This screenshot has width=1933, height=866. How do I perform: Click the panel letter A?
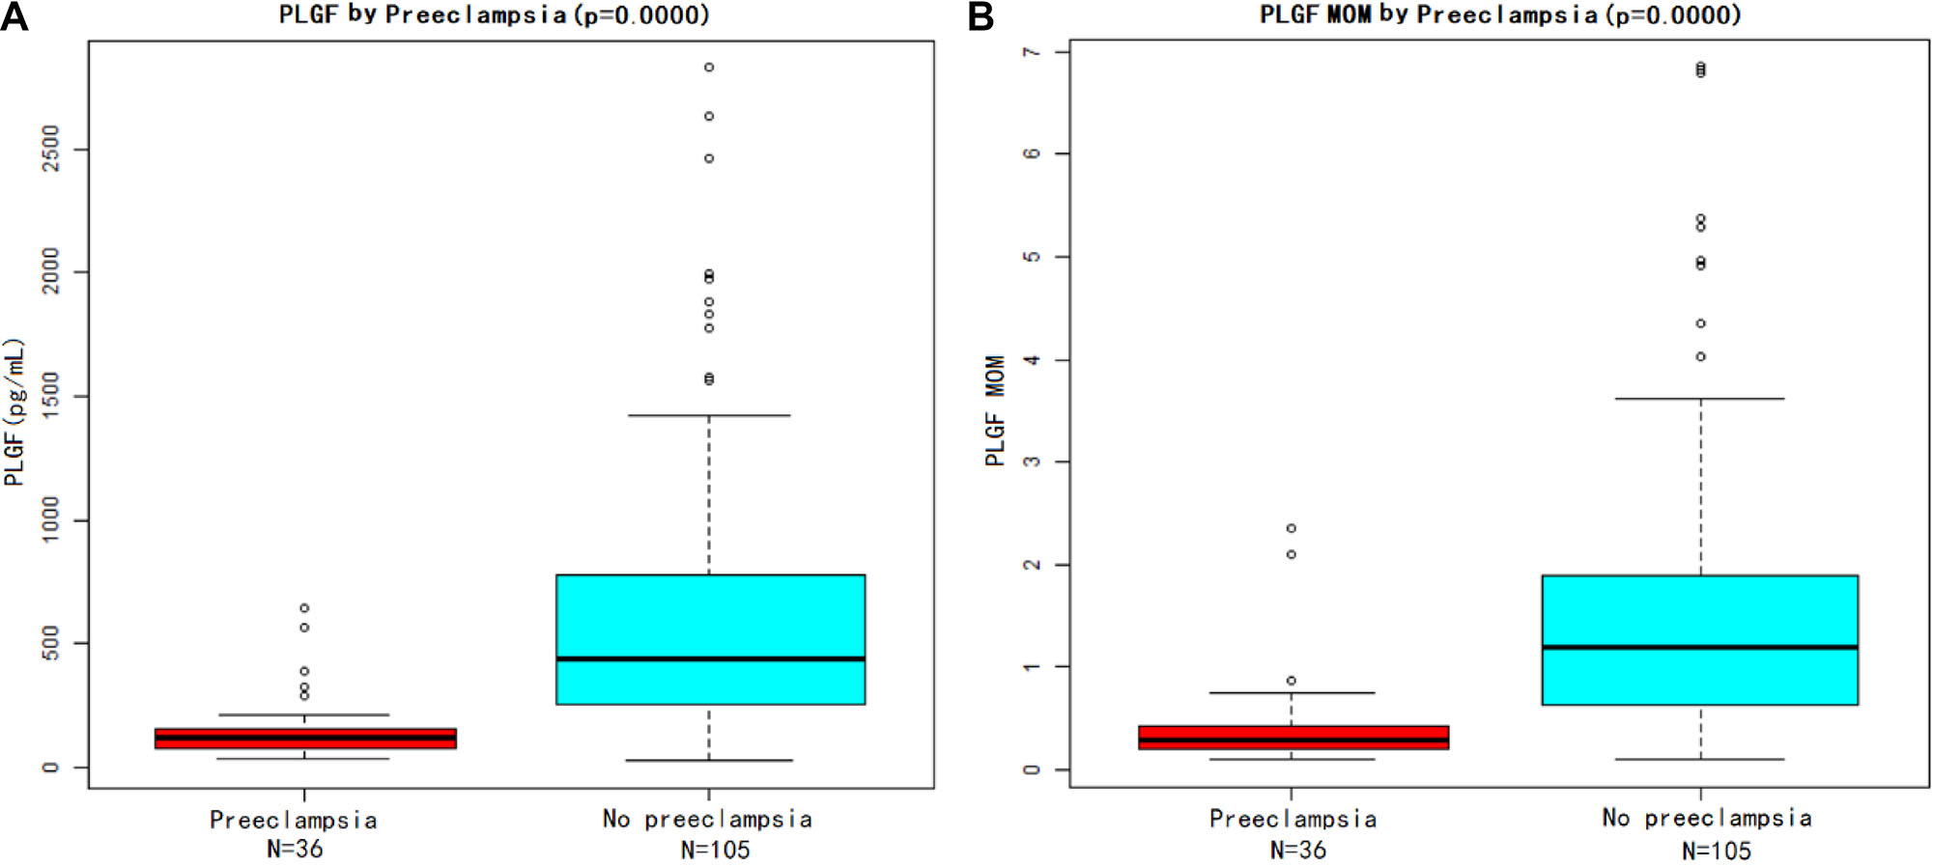pyautogui.click(x=14, y=16)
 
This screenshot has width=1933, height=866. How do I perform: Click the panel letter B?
pyautogui.click(x=981, y=16)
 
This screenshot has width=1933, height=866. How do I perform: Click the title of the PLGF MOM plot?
pyautogui.click(x=1499, y=14)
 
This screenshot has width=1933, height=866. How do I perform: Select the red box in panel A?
pyautogui.click(x=305, y=739)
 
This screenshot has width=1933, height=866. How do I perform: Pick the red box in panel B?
pyautogui.click(x=1293, y=738)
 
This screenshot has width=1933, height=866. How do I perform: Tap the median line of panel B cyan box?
pyautogui.click(x=1699, y=647)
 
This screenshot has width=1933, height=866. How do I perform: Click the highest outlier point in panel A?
pyautogui.click(x=709, y=68)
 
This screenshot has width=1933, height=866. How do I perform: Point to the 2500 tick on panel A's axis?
pyautogui.click(x=51, y=149)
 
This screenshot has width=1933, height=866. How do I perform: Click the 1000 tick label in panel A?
pyautogui.click(x=51, y=519)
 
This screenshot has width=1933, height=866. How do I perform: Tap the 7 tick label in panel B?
pyautogui.click(x=1032, y=51)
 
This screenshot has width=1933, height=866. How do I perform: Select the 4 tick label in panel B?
pyautogui.click(x=1032, y=359)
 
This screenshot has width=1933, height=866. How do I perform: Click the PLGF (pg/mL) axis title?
pyautogui.click(x=14, y=412)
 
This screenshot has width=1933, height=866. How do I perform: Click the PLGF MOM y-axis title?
pyautogui.click(x=995, y=410)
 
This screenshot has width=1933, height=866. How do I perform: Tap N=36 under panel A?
pyautogui.click(x=295, y=849)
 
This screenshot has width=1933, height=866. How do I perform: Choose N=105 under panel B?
pyautogui.click(x=1716, y=851)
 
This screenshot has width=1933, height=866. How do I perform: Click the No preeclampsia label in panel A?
pyautogui.click(x=707, y=819)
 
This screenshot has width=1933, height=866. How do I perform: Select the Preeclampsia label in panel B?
pyautogui.click(x=1293, y=819)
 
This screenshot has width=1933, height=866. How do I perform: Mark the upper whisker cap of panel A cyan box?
pyautogui.click(x=709, y=415)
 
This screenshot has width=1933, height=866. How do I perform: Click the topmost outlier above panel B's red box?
pyautogui.click(x=1292, y=528)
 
